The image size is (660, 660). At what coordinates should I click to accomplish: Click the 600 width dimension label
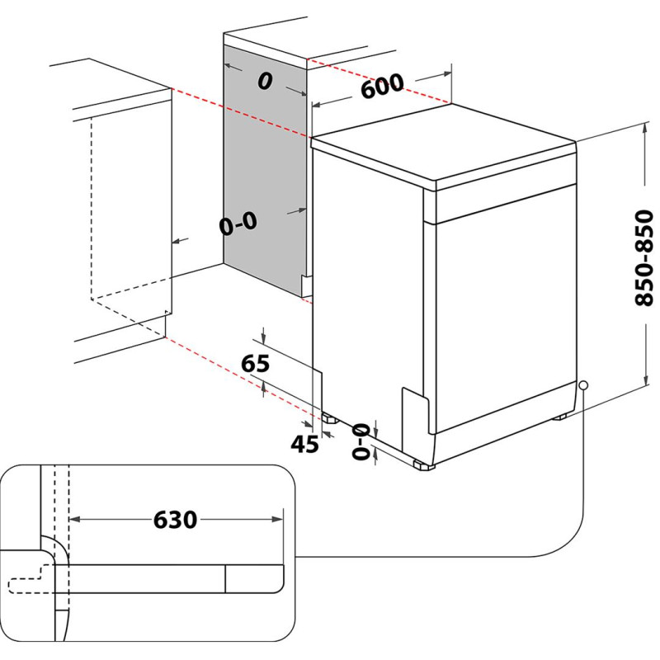click(382, 87)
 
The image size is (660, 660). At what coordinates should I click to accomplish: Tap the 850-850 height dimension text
click(644, 257)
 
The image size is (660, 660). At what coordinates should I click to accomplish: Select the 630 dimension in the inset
click(175, 520)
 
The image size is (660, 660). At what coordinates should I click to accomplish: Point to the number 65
click(255, 363)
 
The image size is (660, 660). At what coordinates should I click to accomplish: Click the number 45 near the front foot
click(304, 444)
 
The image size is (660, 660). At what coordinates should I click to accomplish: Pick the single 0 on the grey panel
click(265, 81)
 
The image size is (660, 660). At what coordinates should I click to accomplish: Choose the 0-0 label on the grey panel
click(238, 223)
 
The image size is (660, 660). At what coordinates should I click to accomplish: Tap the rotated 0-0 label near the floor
click(361, 441)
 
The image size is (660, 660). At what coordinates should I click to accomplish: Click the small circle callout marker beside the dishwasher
click(583, 384)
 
